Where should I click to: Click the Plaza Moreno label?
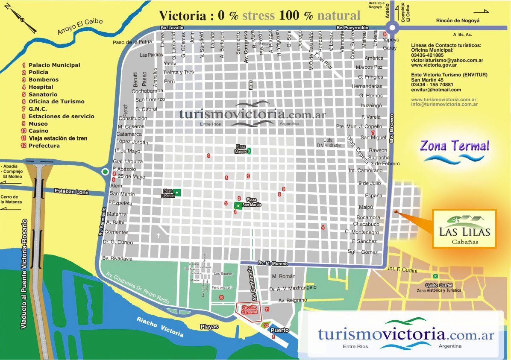241,149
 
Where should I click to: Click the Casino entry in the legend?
38,131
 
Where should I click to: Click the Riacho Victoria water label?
160,327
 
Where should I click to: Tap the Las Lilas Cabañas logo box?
464,228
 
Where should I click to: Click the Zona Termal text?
454,146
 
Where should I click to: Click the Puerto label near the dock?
279,330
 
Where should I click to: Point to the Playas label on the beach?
209,327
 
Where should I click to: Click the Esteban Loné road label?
71,192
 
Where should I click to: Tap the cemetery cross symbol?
158,235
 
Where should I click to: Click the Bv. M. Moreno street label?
273,263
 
